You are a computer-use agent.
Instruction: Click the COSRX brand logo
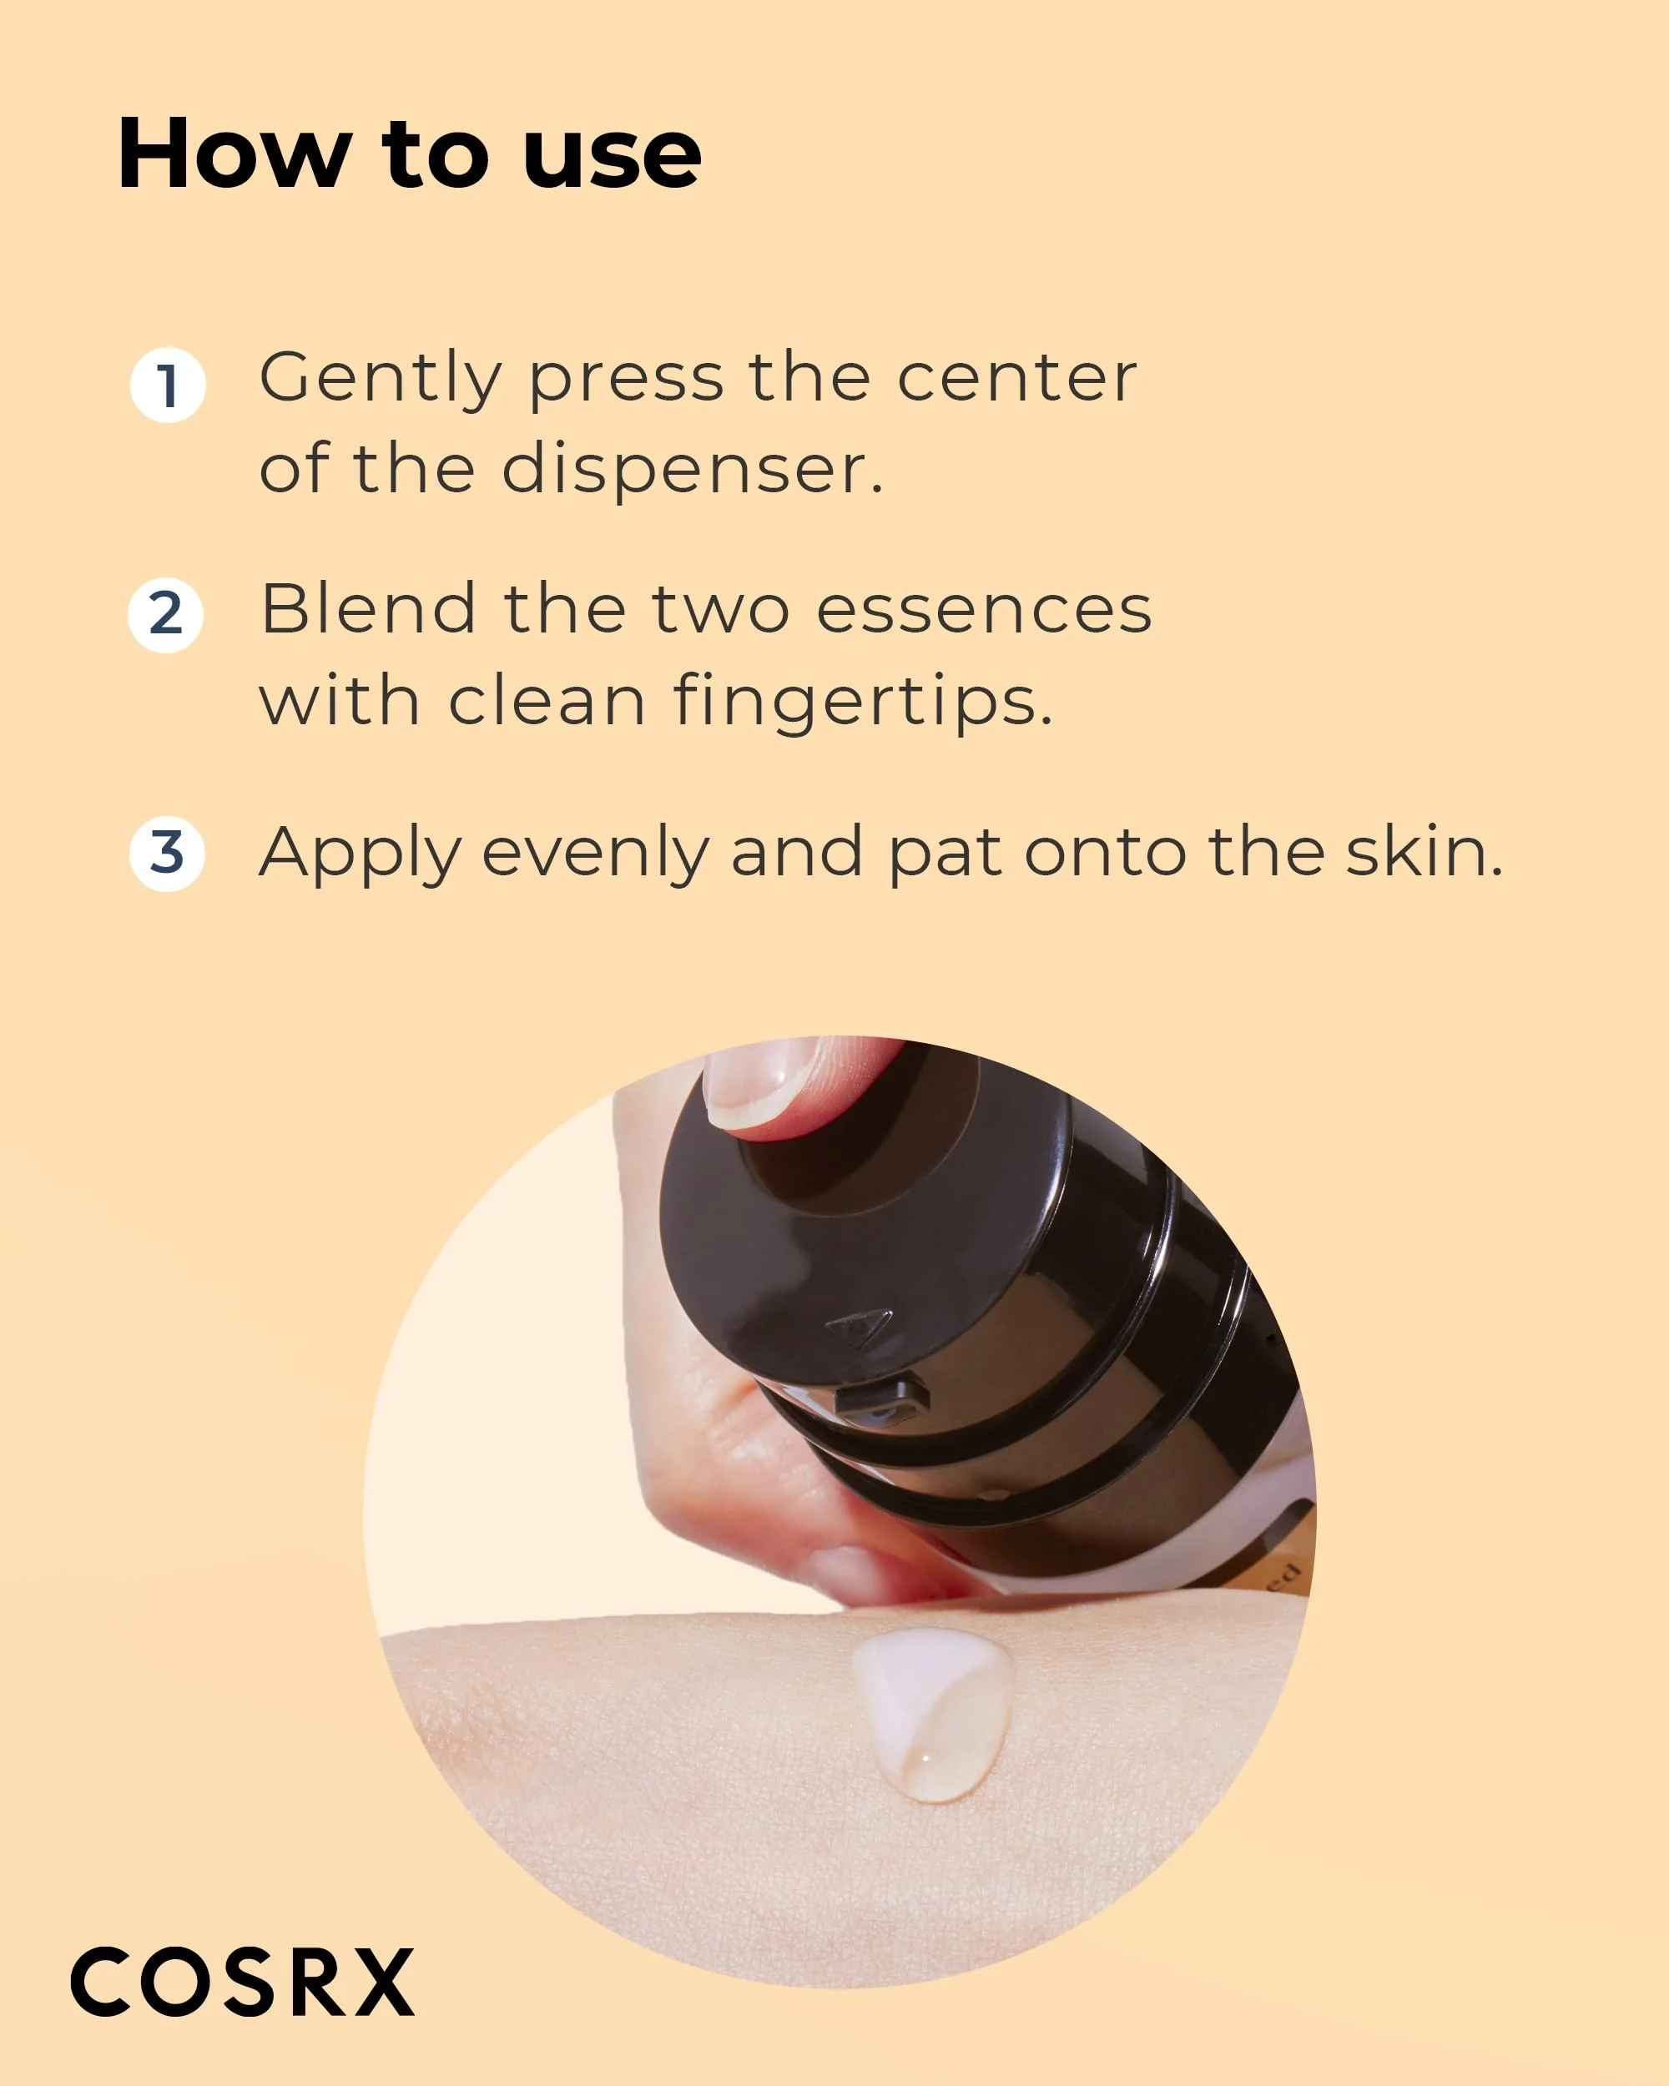(242, 1981)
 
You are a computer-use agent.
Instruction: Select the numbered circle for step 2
(165, 614)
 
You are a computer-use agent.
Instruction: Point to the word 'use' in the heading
(612, 155)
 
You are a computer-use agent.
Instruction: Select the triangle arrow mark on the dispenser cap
(860, 1327)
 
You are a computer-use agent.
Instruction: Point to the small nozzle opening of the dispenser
(879, 1402)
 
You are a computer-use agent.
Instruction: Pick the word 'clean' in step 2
(547, 702)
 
